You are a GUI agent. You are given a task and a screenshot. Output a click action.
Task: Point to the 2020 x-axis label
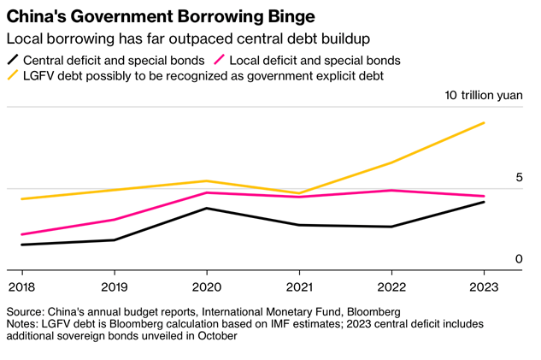tap(206, 286)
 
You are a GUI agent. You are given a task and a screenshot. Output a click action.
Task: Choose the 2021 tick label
tap(299, 286)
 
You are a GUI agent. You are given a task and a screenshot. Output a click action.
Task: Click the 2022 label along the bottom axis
tap(391, 286)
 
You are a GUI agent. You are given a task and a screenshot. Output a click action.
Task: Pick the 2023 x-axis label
tap(485, 286)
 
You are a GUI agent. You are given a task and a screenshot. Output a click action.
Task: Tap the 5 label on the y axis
tap(518, 177)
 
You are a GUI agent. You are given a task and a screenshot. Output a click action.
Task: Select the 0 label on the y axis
tap(518, 259)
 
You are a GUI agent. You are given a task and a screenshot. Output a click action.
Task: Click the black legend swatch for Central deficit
tap(13, 61)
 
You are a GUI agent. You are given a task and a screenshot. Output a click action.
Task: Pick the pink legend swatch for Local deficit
tap(220, 61)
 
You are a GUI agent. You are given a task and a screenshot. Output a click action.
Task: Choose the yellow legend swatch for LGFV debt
tap(13, 76)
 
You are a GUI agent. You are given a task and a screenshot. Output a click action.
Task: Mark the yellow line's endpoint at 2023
tap(485, 123)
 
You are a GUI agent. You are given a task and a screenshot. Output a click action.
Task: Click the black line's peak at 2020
tap(206, 208)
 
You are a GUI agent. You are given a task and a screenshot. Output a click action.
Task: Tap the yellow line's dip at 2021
tap(299, 193)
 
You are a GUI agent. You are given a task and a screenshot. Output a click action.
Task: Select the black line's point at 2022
tap(391, 227)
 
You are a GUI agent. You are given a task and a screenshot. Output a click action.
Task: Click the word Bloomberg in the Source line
tap(371, 312)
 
